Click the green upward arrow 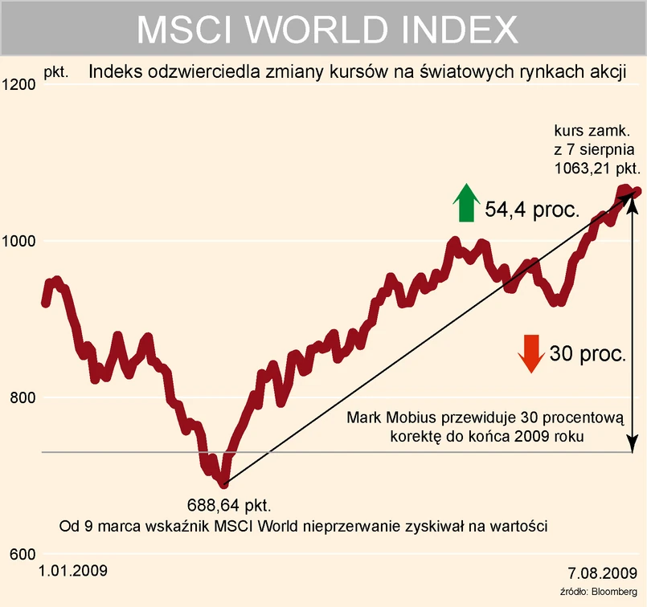click(x=464, y=202)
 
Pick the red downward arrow click(x=530, y=353)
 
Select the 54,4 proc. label click(x=532, y=210)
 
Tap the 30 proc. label click(x=587, y=354)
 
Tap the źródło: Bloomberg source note click(x=601, y=592)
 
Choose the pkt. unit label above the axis click(x=55, y=72)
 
